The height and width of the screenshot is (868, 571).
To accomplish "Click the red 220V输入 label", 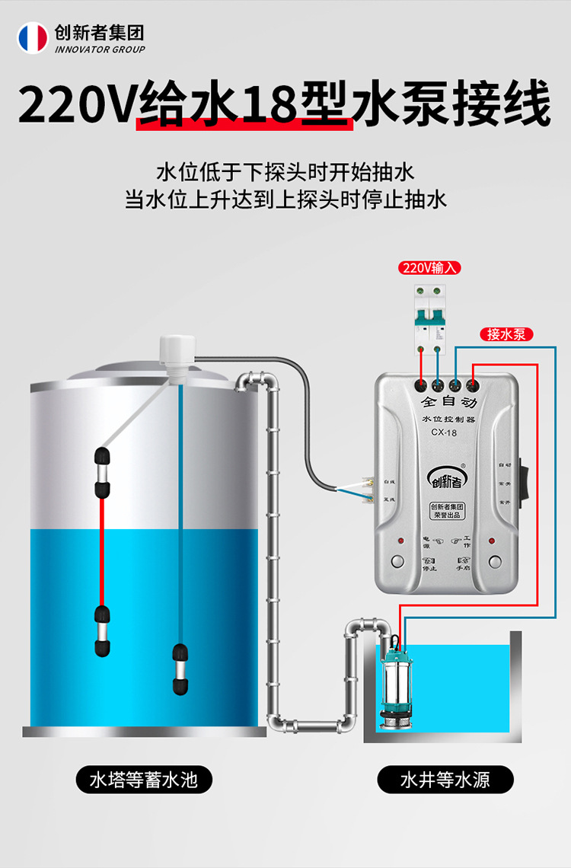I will [x=429, y=268].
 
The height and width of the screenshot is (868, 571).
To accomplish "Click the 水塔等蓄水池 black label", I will [x=143, y=780].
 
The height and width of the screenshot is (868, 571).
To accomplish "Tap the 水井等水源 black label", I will [x=445, y=780].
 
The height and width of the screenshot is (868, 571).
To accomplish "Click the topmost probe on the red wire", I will [x=101, y=458].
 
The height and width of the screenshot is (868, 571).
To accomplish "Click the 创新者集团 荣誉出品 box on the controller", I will [x=448, y=511].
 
